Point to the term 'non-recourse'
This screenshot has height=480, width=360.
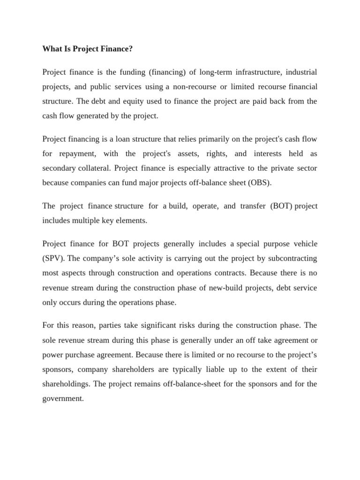tap(193, 87)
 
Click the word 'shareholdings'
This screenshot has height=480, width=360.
tap(65, 384)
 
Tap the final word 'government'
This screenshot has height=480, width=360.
tap(62, 398)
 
